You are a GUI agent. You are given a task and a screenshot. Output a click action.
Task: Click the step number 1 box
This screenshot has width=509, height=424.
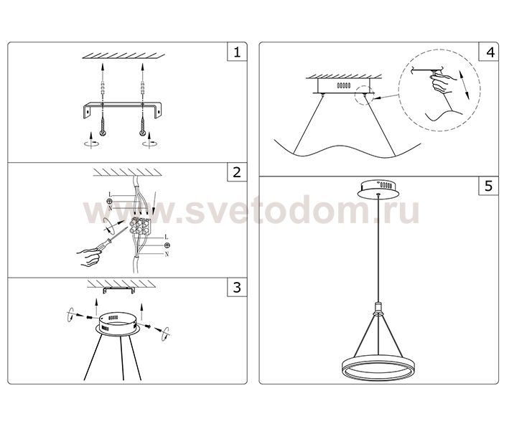[237, 52]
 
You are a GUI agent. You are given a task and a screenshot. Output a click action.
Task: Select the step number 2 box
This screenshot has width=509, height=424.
[237, 172]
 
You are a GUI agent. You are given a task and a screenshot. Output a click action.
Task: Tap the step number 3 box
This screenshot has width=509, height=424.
[237, 287]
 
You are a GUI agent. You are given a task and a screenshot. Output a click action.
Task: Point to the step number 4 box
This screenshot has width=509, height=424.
[489, 51]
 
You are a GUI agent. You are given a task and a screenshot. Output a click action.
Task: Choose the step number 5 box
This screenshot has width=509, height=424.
[489, 186]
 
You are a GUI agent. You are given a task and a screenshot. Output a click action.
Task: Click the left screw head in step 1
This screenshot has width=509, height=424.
[103, 133]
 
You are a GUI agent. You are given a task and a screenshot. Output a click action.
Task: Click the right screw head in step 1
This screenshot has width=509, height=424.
[142, 133]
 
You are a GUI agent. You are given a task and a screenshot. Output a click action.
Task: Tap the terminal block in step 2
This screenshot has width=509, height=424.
[140, 225]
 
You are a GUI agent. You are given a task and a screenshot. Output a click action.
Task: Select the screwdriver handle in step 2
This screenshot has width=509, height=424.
[103, 245]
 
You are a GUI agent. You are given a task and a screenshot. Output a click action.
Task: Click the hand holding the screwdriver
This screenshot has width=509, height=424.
[88, 258]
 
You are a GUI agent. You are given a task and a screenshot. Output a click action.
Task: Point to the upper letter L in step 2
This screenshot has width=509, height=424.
[110, 194]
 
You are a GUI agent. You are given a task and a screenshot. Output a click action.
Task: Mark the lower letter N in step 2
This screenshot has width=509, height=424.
[167, 255]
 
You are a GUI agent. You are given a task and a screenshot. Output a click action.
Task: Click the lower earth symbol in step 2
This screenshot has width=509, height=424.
[167, 245]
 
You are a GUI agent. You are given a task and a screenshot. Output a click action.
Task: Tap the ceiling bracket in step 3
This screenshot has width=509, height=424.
[118, 290]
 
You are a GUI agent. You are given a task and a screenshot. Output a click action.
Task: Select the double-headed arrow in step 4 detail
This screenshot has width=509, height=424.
[463, 85]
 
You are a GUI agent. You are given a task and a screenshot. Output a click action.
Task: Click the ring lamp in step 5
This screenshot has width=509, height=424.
[378, 369]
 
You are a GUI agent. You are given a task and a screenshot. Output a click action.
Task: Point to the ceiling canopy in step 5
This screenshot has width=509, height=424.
[378, 189]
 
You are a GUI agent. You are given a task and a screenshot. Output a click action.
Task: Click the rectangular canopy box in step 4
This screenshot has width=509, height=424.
[344, 85]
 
